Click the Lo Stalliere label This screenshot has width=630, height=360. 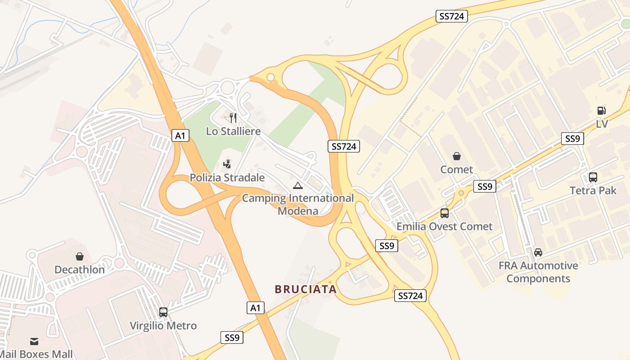233,131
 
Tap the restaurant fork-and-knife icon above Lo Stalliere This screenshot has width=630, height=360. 233,118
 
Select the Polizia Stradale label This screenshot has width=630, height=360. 227,178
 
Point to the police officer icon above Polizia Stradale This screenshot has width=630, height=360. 227,164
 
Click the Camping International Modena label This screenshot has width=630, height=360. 297,204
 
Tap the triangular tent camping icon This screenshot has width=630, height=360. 297,185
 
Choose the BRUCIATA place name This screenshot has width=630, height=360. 306,289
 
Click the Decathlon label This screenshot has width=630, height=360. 79,270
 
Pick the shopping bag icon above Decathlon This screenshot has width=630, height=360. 80,256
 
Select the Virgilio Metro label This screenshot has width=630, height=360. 163,325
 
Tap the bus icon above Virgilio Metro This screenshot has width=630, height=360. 163,312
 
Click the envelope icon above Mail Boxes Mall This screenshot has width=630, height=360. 34,341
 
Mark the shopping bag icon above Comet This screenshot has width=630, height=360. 457,156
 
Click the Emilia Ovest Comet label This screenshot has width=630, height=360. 444,226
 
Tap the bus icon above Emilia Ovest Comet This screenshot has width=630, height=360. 444,213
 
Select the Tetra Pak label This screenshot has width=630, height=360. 593,190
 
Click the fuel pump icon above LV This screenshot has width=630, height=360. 601,111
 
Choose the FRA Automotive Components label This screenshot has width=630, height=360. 538,272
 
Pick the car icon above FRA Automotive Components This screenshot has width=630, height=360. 538,252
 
